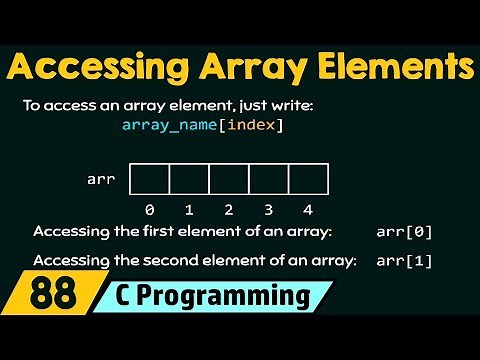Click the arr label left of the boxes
tap(101, 180)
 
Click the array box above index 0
tap(149, 180)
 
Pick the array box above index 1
tap(189, 180)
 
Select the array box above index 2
tap(229, 180)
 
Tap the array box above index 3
tap(269, 180)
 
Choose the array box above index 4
tap(308, 180)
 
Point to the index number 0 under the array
tap(149, 210)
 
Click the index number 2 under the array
tap(229, 210)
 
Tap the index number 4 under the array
tap(308, 210)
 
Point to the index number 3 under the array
tap(269, 210)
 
